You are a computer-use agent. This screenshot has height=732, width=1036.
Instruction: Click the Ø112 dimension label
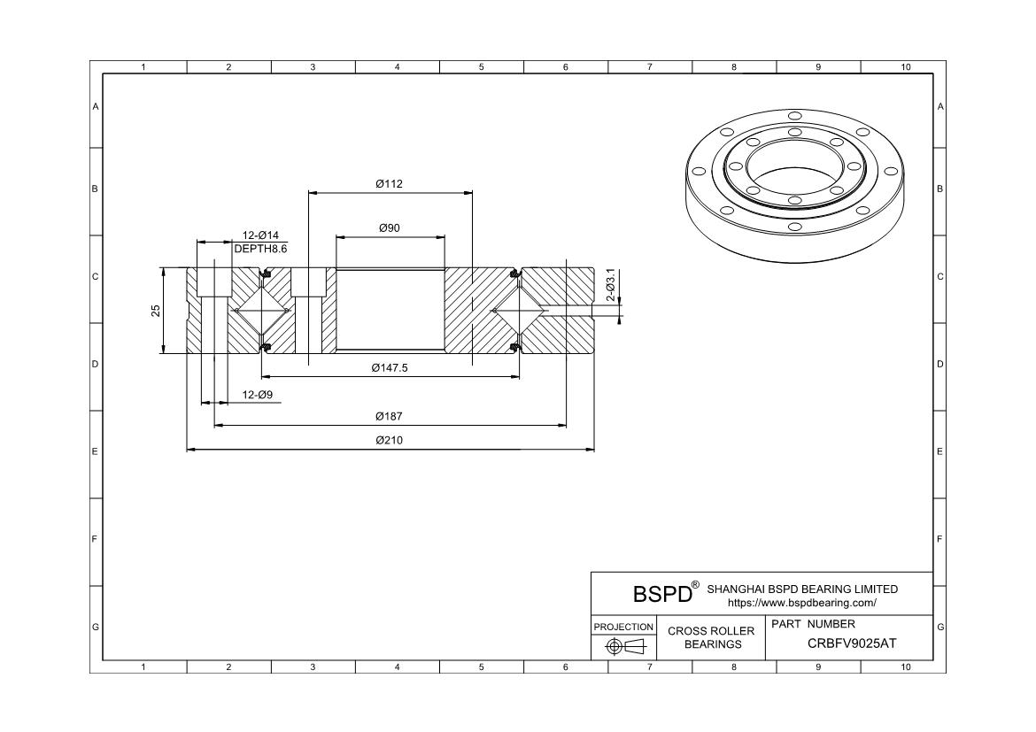[390, 184]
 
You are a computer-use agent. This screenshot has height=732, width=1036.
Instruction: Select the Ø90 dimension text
[390, 227]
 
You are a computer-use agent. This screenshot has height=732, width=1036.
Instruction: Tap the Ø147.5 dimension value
[390, 368]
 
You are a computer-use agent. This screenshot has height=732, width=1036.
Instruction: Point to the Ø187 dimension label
[390, 416]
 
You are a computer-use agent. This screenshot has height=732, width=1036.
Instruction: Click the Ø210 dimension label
[390, 440]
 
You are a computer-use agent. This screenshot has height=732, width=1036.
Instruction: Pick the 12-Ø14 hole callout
[260, 235]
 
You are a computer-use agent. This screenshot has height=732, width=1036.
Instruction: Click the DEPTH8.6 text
[260, 249]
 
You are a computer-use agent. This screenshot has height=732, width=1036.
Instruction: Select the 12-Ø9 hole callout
[257, 394]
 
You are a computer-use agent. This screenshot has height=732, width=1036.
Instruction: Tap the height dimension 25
[156, 311]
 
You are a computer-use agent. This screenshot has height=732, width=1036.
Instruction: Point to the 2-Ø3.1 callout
[610, 284]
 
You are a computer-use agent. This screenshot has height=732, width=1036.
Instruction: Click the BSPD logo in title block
[662, 594]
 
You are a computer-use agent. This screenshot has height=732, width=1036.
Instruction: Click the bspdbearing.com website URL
[801, 603]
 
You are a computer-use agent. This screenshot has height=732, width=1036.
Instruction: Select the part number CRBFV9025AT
[851, 643]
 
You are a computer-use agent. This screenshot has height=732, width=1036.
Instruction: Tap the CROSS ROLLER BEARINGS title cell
[711, 637]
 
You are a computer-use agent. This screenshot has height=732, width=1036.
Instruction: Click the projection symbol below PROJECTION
[623, 647]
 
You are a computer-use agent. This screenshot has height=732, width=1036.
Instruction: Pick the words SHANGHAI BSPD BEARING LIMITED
[802, 589]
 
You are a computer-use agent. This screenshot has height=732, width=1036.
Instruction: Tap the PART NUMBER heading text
[813, 624]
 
